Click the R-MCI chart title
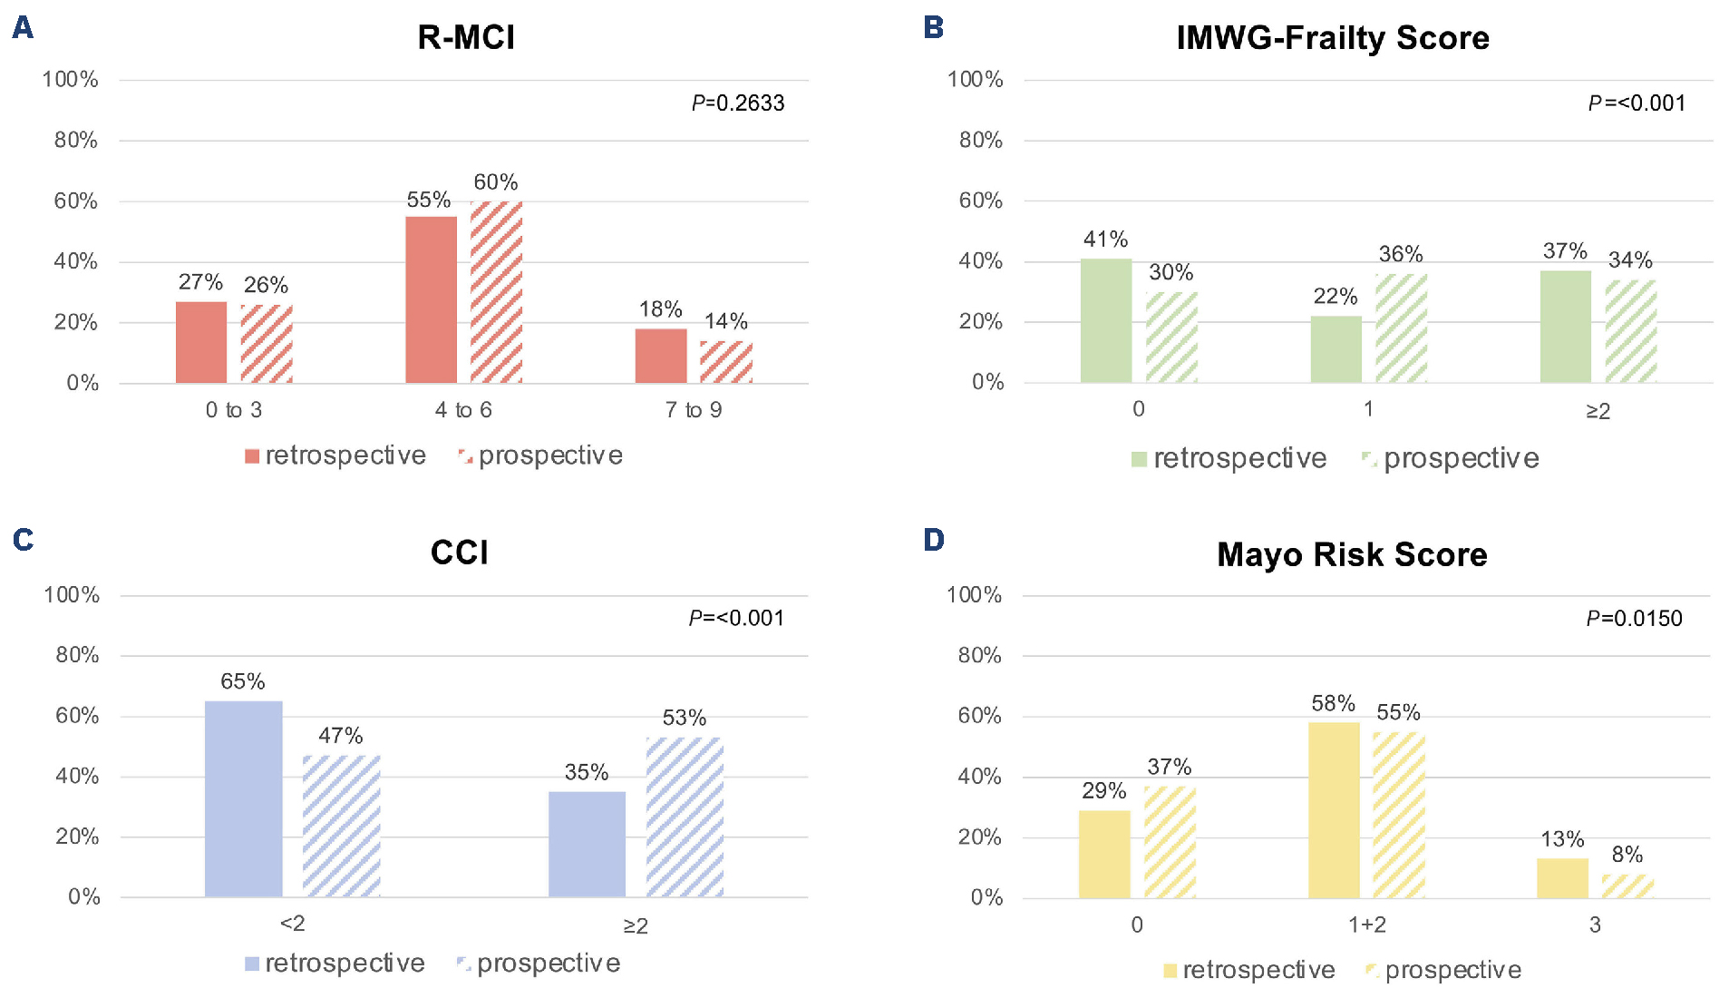(x=466, y=38)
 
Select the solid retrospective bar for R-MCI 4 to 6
(x=431, y=299)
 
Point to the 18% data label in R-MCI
(x=660, y=309)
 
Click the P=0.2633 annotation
(x=738, y=103)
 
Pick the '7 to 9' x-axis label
(x=693, y=410)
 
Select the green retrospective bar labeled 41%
(x=1106, y=320)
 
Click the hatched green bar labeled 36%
(x=1401, y=328)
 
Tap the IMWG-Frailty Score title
(x=1332, y=38)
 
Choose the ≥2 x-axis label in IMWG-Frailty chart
(x=1598, y=412)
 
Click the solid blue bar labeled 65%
(x=243, y=798)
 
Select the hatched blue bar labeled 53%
(x=685, y=817)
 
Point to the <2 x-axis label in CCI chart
(x=292, y=924)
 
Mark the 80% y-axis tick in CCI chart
(x=77, y=655)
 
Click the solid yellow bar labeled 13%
(x=1562, y=878)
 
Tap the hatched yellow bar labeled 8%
(x=1627, y=886)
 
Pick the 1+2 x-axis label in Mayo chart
(x=1366, y=925)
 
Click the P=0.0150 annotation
(x=1634, y=619)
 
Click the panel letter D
(x=933, y=541)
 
